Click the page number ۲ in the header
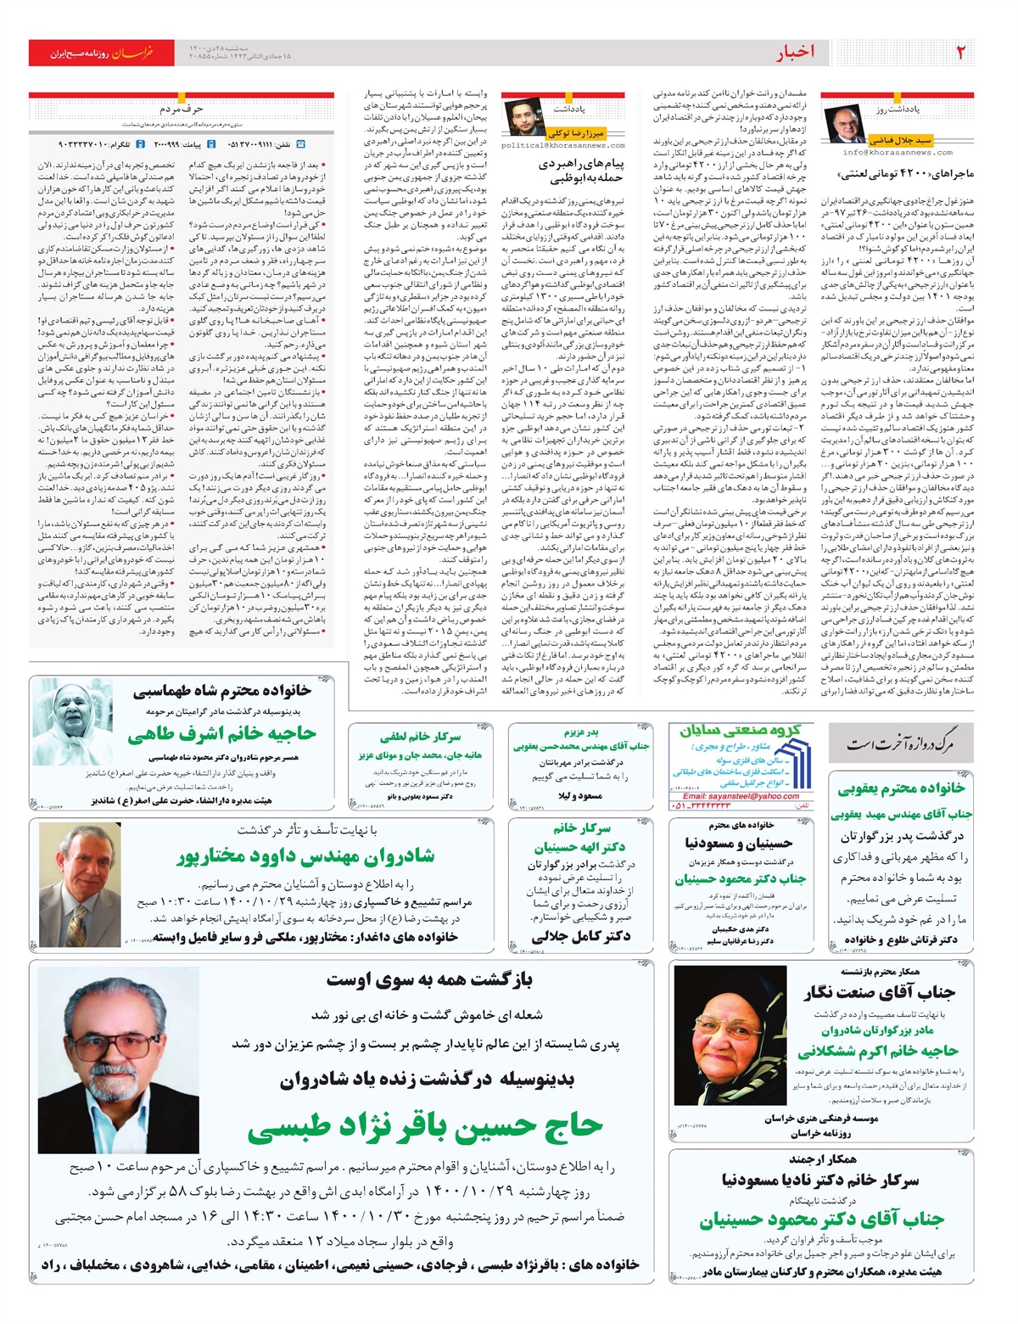(x=960, y=53)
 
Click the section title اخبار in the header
(x=796, y=53)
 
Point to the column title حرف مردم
(x=182, y=109)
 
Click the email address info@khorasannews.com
(x=898, y=153)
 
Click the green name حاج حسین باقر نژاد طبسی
(x=426, y=1127)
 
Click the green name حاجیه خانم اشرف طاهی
(x=222, y=734)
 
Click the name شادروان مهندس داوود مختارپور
(x=305, y=856)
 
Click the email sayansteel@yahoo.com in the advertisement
(x=741, y=796)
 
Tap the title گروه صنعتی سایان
(x=740, y=729)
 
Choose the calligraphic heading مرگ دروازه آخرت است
(x=900, y=744)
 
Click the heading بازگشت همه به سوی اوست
(x=430, y=980)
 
